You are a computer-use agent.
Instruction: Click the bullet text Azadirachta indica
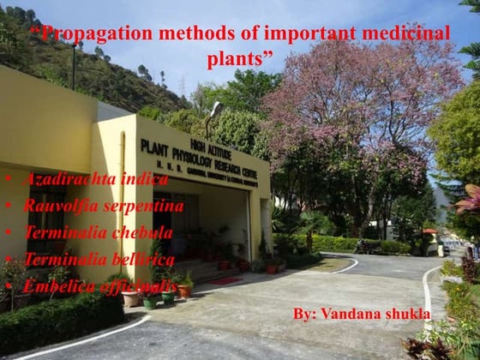(96, 179)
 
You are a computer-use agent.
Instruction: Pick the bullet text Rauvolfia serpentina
(104, 206)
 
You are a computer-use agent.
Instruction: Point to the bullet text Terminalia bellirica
(99, 259)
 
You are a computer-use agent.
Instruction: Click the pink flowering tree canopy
(360, 103)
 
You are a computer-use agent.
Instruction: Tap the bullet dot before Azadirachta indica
(9, 180)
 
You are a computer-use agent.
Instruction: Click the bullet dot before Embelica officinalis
(9, 287)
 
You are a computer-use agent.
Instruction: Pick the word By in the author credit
(303, 315)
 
